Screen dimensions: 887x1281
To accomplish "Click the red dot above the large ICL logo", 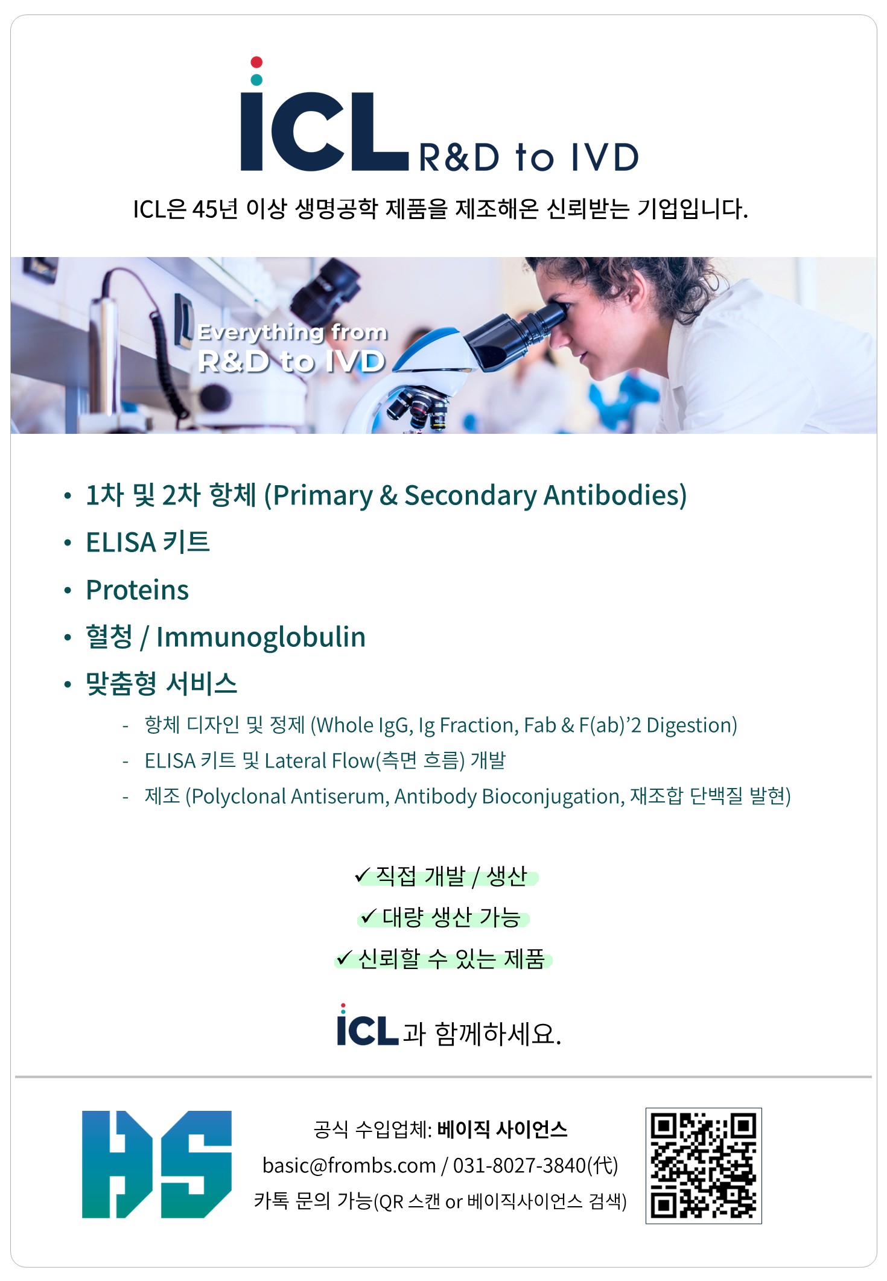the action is point(256,62).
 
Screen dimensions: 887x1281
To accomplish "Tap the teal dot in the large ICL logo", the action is point(256,80).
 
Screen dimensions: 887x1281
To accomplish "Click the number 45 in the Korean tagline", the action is point(205,209).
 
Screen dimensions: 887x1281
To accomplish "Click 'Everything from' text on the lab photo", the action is point(293,332).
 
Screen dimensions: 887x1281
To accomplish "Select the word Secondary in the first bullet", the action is point(470,495).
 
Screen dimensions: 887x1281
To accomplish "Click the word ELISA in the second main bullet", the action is point(121,542).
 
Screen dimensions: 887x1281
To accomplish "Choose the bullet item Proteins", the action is point(138,590).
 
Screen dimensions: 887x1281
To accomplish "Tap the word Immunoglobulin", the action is point(261,637).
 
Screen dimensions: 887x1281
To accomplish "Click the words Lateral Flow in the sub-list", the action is point(320,761).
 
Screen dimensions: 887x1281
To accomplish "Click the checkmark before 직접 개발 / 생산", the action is point(362,874).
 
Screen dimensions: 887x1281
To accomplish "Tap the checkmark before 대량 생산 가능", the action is point(368,917).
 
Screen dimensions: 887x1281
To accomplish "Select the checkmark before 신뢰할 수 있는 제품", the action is point(344,958).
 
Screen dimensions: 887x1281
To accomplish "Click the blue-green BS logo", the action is point(157,1164).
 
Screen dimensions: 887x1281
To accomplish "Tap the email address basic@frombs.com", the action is point(349,1166).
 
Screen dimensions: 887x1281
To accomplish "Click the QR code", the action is point(704,1166).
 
